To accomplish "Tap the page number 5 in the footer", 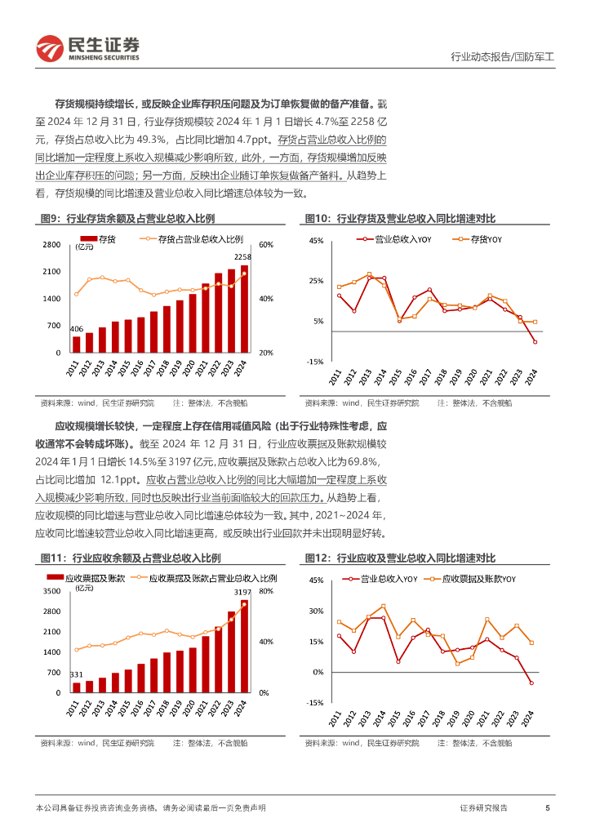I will pos(547,807).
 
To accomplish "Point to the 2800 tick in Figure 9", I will pos(52,245).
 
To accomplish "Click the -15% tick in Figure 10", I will pos(315,361).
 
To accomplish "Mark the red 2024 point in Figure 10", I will pos(535,342).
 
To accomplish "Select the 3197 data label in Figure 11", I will pos(243,592).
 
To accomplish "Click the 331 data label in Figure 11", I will pos(76,674).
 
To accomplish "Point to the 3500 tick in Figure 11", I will pos(52,590).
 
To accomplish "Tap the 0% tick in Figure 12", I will pos(318,672).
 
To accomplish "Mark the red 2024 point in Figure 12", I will pos(531,683).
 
